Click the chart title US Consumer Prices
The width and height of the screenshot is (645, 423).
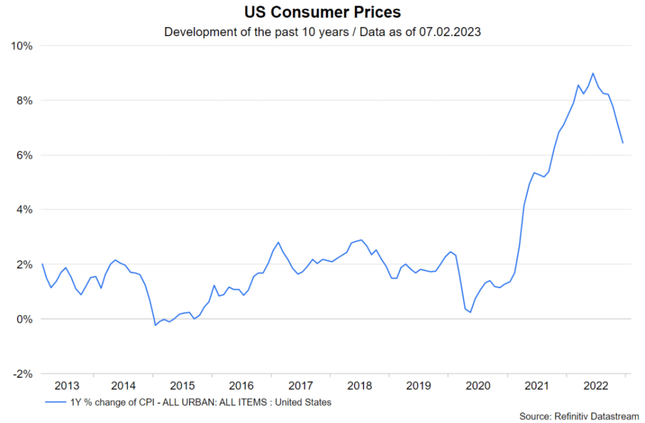point(322,12)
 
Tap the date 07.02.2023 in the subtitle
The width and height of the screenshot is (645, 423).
point(448,32)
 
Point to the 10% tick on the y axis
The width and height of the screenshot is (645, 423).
point(23,46)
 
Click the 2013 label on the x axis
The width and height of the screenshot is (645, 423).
point(67,386)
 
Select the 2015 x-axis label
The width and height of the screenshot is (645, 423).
point(183,386)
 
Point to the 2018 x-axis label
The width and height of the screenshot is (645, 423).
point(360,386)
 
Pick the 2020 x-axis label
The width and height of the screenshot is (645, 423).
point(477,386)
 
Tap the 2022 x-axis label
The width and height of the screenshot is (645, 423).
point(595,386)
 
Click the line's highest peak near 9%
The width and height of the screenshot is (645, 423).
point(593,73)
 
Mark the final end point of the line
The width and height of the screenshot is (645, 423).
point(623,142)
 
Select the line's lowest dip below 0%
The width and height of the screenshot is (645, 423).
point(155,325)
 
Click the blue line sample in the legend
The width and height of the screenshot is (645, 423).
point(56,402)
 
